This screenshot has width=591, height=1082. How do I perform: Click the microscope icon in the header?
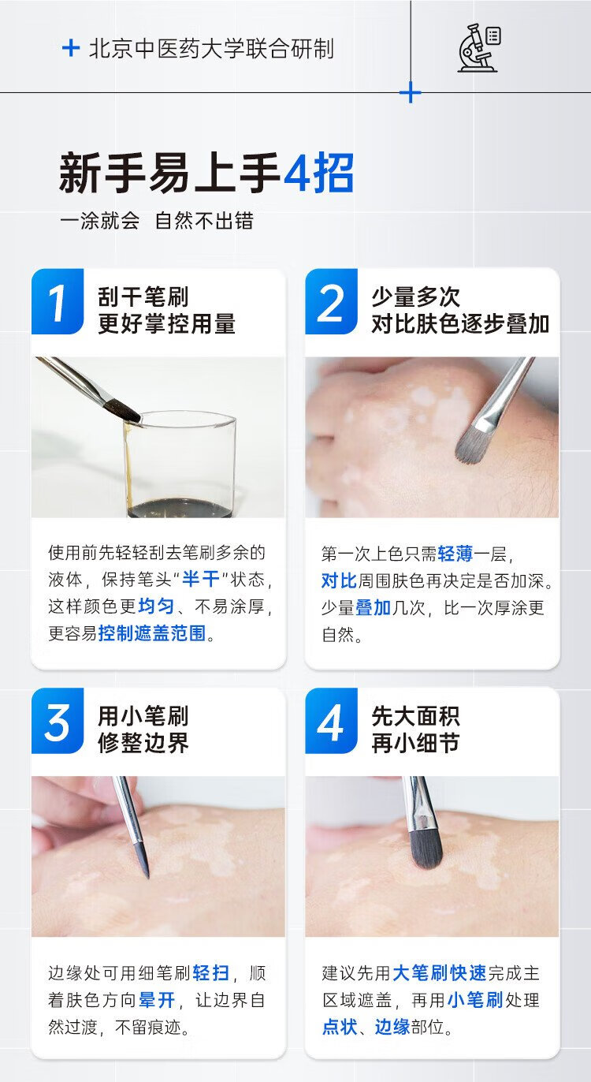[479, 48]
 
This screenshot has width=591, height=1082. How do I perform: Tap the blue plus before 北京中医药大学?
[71, 48]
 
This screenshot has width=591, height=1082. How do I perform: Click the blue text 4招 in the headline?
[319, 173]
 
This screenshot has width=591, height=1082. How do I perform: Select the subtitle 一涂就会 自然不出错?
[157, 222]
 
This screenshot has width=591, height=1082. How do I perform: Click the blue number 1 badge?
[58, 302]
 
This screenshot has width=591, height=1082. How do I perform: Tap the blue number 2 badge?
[331, 302]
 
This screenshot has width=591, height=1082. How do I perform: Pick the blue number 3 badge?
[58, 721]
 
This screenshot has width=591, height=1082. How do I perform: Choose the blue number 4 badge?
[331, 721]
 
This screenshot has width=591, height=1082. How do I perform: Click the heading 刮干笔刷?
[143, 297]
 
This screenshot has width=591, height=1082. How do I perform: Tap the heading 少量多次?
[416, 297]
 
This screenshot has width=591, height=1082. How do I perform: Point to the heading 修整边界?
[143, 743]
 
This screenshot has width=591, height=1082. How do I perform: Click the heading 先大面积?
[416, 716]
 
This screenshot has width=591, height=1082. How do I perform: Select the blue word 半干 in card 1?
[200, 579]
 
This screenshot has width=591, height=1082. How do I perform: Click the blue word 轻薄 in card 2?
[455, 554]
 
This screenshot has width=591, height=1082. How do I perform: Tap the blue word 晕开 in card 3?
[157, 1000]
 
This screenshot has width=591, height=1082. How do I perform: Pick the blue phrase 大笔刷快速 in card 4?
[440, 973]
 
